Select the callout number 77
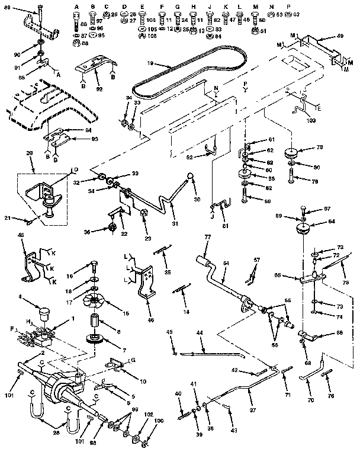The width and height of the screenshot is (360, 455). click(207, 237)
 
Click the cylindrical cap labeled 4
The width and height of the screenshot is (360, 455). click(43, 310)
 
